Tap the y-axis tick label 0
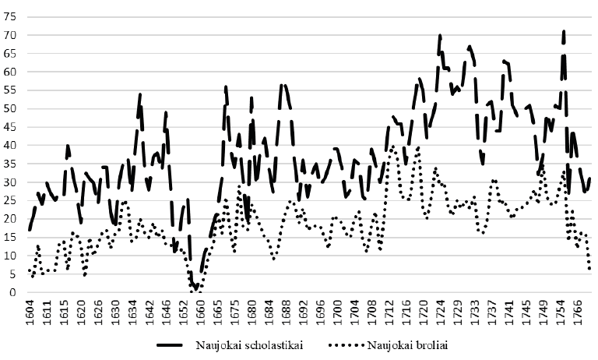coord(12,292)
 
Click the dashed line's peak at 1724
coord(440,36)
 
